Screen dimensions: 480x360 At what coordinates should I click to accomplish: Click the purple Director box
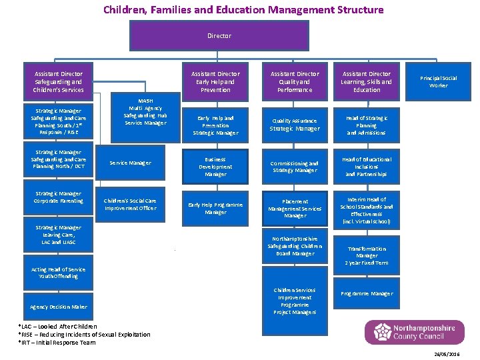tap(219, 35)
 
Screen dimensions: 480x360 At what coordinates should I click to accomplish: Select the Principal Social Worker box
tap(439, 81)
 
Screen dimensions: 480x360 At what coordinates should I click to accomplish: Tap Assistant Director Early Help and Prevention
tap(215, 81)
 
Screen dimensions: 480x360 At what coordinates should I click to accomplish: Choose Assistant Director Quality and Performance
tap(295, 81)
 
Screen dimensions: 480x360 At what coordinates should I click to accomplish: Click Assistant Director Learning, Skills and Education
tap(367, 81)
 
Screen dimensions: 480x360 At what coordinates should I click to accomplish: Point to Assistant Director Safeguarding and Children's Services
tap(59, 81)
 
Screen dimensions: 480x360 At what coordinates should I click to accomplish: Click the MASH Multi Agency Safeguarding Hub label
tap(145, 111)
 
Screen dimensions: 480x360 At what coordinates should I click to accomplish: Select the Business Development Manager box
tap(215, 167)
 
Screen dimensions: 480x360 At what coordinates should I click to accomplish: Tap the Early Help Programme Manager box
tap(215, 208)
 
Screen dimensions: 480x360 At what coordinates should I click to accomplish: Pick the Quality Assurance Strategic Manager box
tap(295, 125)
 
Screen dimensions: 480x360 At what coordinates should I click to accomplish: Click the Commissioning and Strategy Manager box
tap(295, 167)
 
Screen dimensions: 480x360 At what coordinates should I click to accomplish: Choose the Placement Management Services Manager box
tap(295, 208)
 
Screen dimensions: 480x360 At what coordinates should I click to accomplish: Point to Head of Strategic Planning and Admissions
tap(367, 125)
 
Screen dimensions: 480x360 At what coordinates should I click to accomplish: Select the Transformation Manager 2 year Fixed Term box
tap(367, 255)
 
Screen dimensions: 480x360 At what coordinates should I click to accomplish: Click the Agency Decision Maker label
tap(59, 307)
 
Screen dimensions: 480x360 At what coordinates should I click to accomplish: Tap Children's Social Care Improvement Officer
tap(130, 204)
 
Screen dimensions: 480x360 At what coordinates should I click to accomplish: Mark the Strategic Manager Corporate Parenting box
tap(59, 197)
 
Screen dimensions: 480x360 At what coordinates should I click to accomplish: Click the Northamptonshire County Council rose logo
tap(382, 332)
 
